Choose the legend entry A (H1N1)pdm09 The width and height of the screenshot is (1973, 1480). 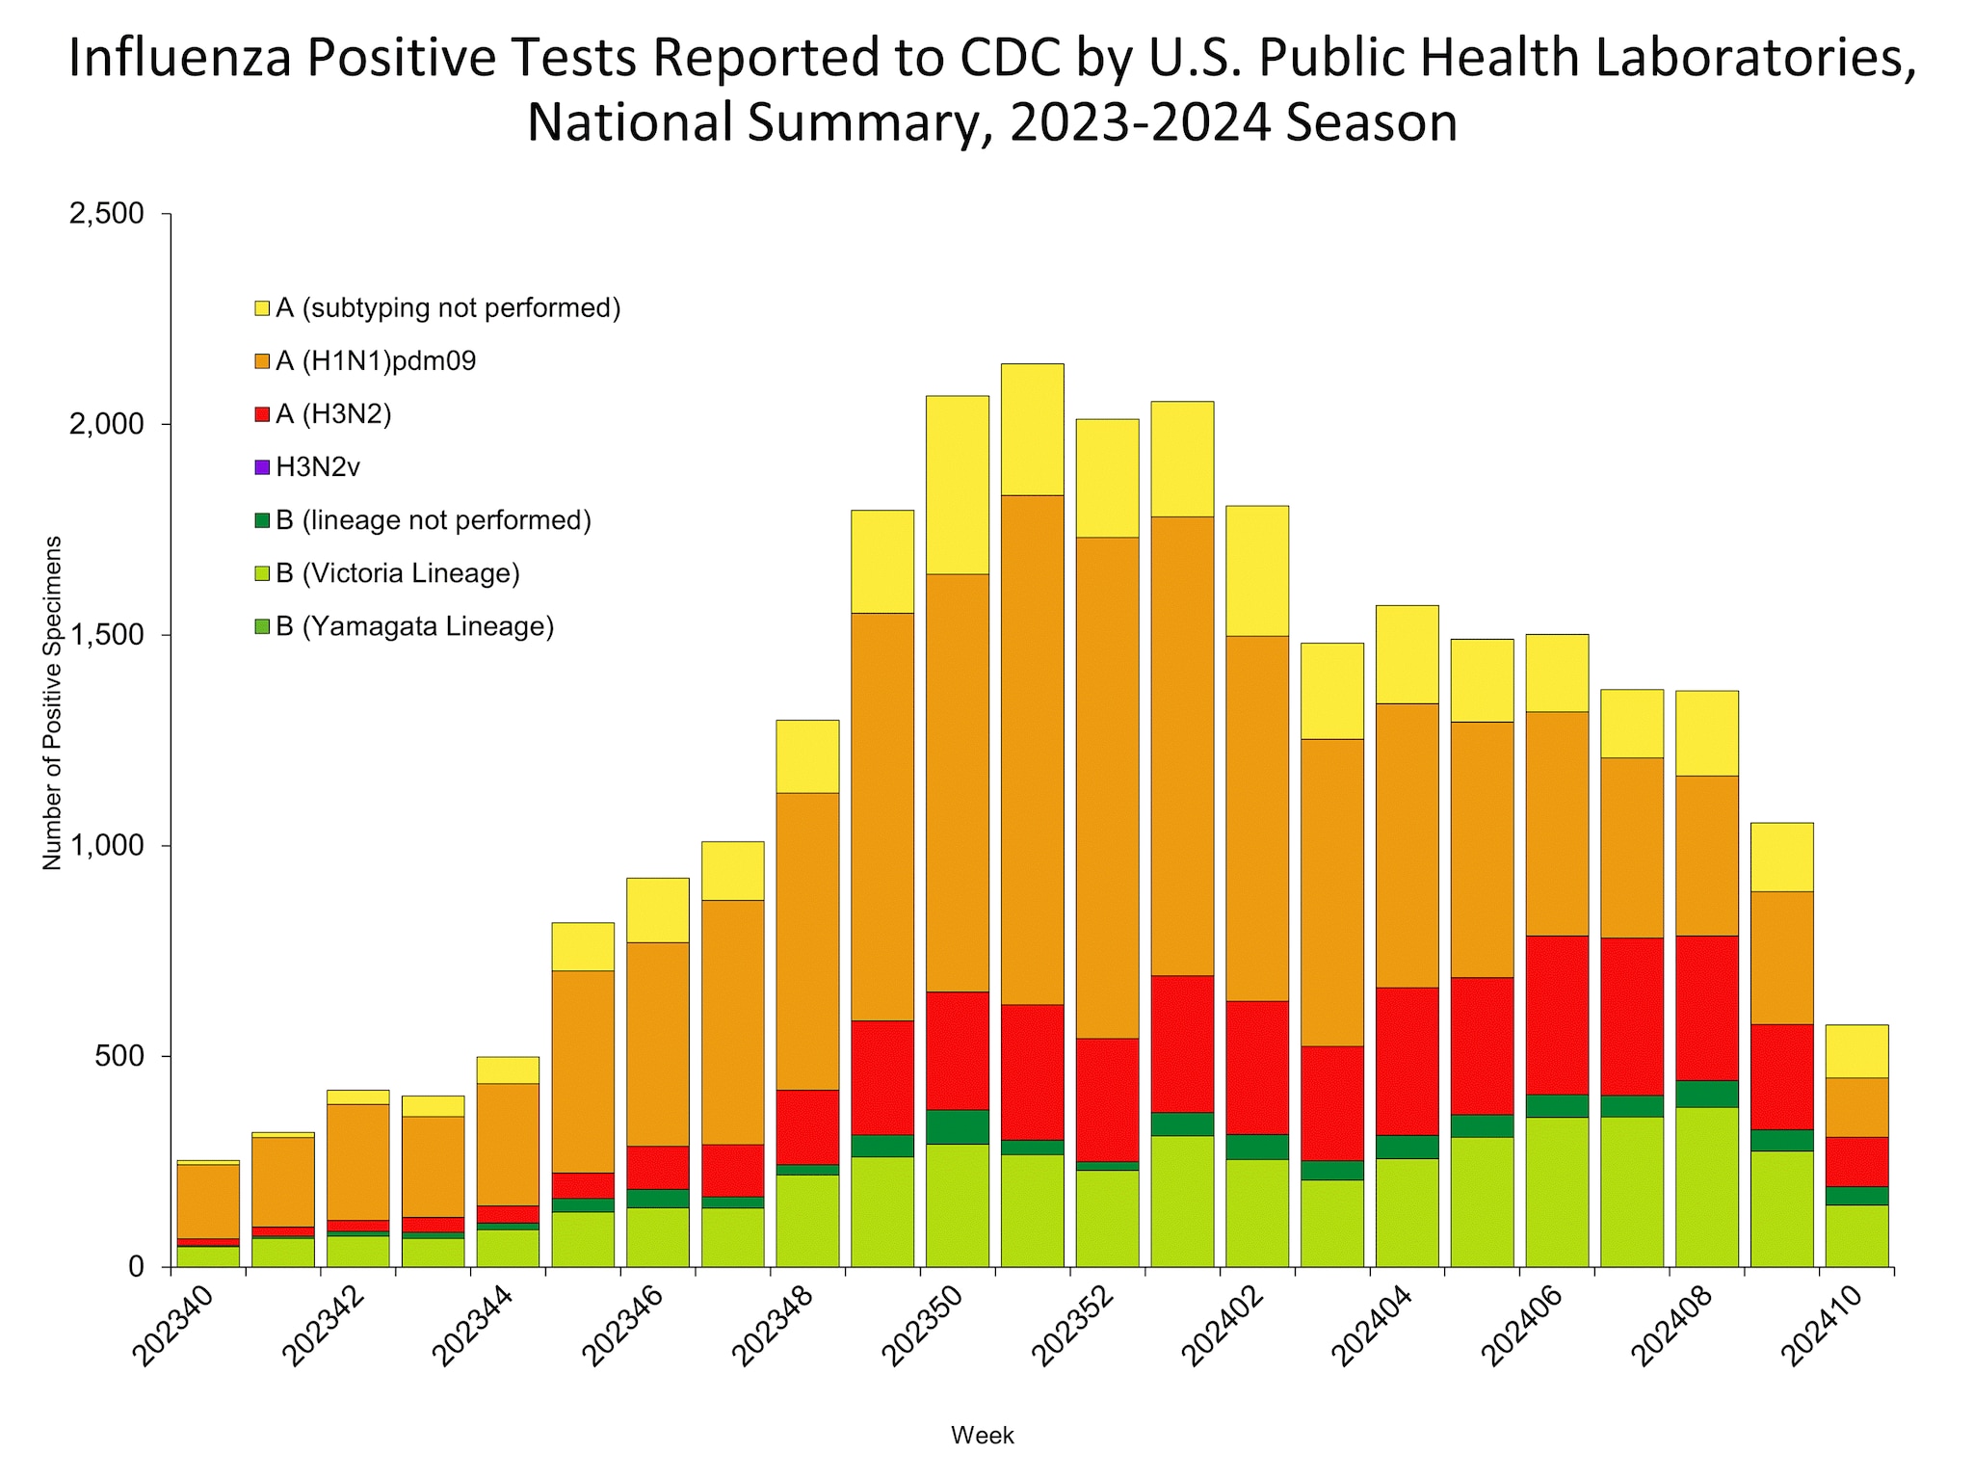coord(376,361)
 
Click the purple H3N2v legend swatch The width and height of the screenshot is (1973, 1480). coord(262,468)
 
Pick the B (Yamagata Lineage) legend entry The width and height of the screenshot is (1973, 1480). coord(414,627)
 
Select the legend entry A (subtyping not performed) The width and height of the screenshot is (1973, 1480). coord(448,308)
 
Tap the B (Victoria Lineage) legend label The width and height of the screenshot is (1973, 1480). coord(397,574)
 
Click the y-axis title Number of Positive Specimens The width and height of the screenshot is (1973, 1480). coord(52,703)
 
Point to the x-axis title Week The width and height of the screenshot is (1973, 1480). coord(982,1436)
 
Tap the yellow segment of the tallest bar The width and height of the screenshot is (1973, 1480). coord(1032,429)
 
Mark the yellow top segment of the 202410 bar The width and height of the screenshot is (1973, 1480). coord(1856,1051)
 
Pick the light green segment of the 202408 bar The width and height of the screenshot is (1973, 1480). coord(1706,1187)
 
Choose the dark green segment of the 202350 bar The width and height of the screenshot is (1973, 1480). coord(957,1127)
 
